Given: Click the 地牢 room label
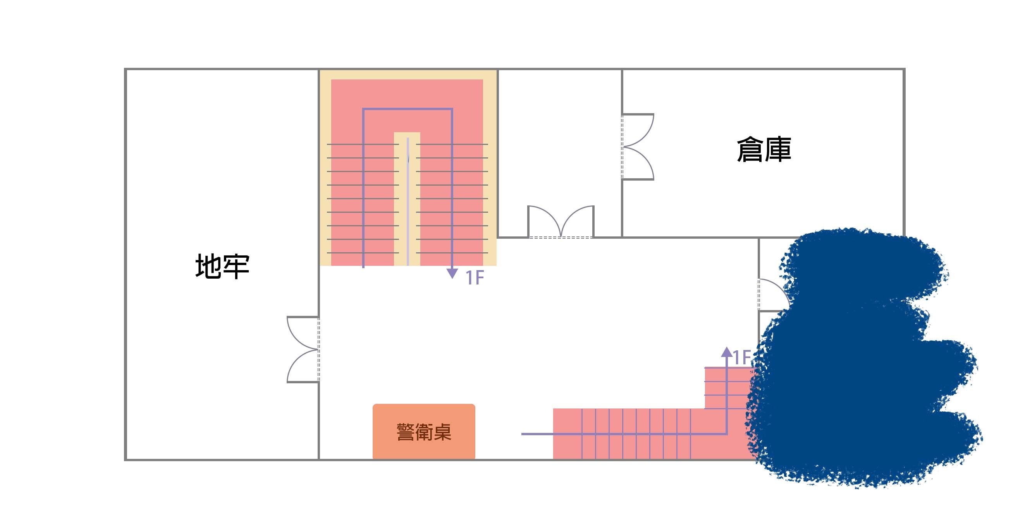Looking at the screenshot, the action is click(222, 267).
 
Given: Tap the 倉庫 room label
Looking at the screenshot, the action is click(764, 150).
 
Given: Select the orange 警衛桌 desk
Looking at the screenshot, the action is click(424, 431).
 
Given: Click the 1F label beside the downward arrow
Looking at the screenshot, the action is click(475, 277).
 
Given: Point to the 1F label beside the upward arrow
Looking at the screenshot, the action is click(742, 357).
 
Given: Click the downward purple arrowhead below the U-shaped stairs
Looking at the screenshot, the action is click(452, 273).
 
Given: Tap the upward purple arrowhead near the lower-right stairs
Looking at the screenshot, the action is click(726, 352).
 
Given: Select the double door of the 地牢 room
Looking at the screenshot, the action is click(303, 350).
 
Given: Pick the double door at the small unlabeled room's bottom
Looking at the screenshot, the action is click(561, 222).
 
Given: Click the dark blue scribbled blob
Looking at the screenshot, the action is click(862, 358).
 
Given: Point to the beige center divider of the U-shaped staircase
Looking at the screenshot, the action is click(407, 199).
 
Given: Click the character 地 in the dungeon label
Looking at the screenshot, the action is click(208, 267).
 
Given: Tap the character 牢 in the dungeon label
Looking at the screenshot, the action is click(236, 267).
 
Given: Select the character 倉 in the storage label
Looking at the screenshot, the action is click(750, 150).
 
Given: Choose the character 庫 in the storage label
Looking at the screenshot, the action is click(778, 150).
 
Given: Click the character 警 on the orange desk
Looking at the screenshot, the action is click(406, 432).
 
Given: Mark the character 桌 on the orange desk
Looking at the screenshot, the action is click(442, 432).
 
